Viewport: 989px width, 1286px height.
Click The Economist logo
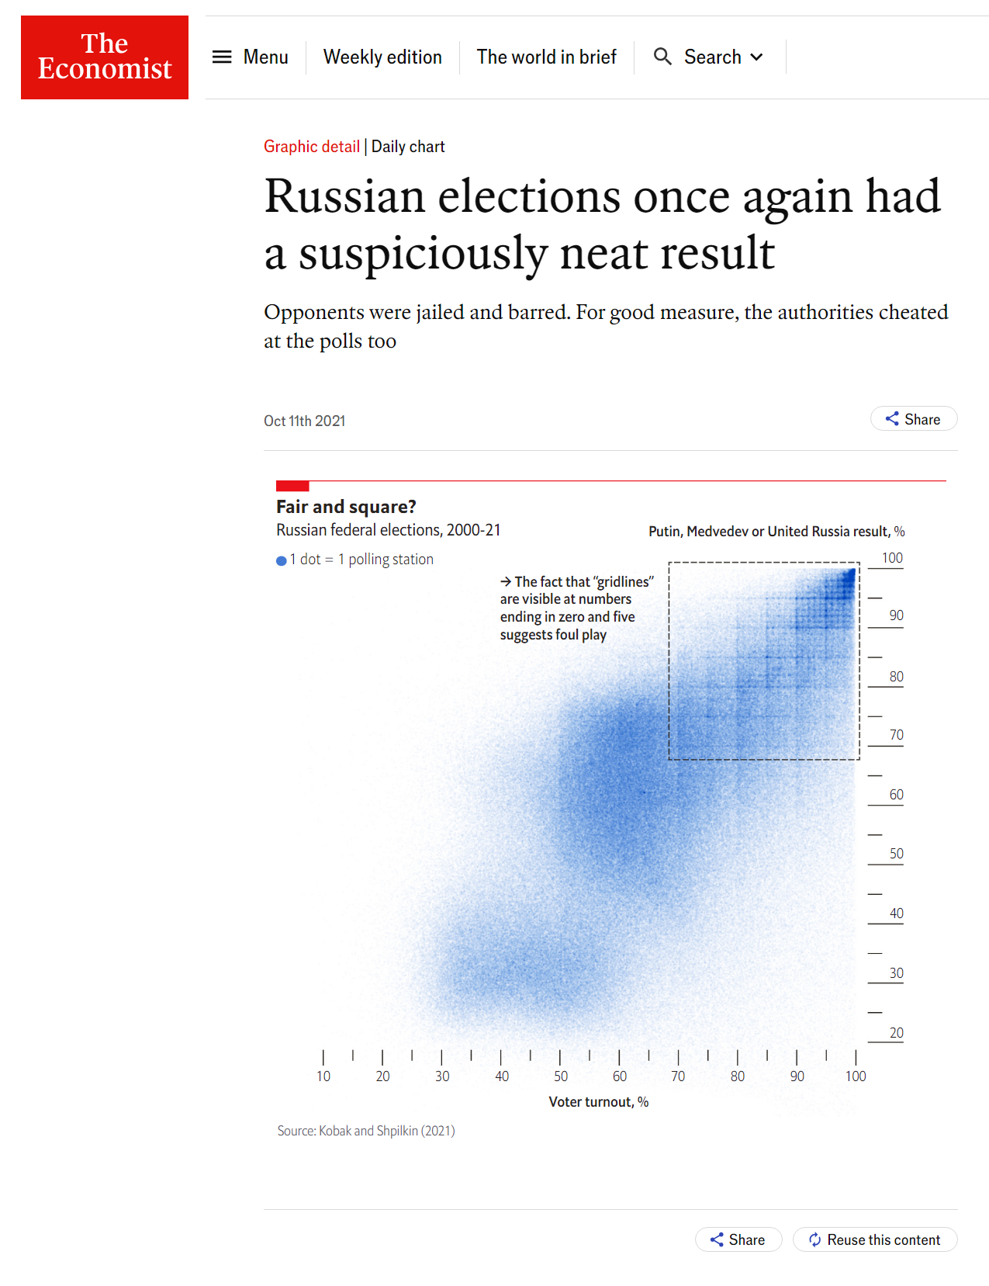[105, 57]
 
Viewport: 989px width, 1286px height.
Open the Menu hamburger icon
[222, 57]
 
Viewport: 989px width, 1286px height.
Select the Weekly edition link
[382, 57]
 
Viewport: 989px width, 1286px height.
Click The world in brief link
[546, 57]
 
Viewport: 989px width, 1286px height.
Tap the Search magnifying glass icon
[662, 57]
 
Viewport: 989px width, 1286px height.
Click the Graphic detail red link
[312, 147]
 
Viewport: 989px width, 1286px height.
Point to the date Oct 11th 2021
[304, 421]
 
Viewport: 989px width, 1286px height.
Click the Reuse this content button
[874, 1239]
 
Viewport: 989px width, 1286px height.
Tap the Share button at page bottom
[738, 1239]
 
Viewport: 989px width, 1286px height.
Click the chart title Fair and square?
[346, 507]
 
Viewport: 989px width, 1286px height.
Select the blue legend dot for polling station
[282, 560]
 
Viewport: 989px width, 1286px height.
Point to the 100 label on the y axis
[892, 558]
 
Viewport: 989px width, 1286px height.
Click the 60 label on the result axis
[896, 795]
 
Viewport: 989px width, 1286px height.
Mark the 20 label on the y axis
[896, 1033]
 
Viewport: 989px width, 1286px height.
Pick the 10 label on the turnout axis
[323, 1076]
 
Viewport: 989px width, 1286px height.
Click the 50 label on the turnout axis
[561, 1076]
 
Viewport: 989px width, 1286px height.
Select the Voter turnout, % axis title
[599, 1102]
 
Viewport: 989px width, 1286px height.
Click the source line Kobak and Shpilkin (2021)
[366, 1131]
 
